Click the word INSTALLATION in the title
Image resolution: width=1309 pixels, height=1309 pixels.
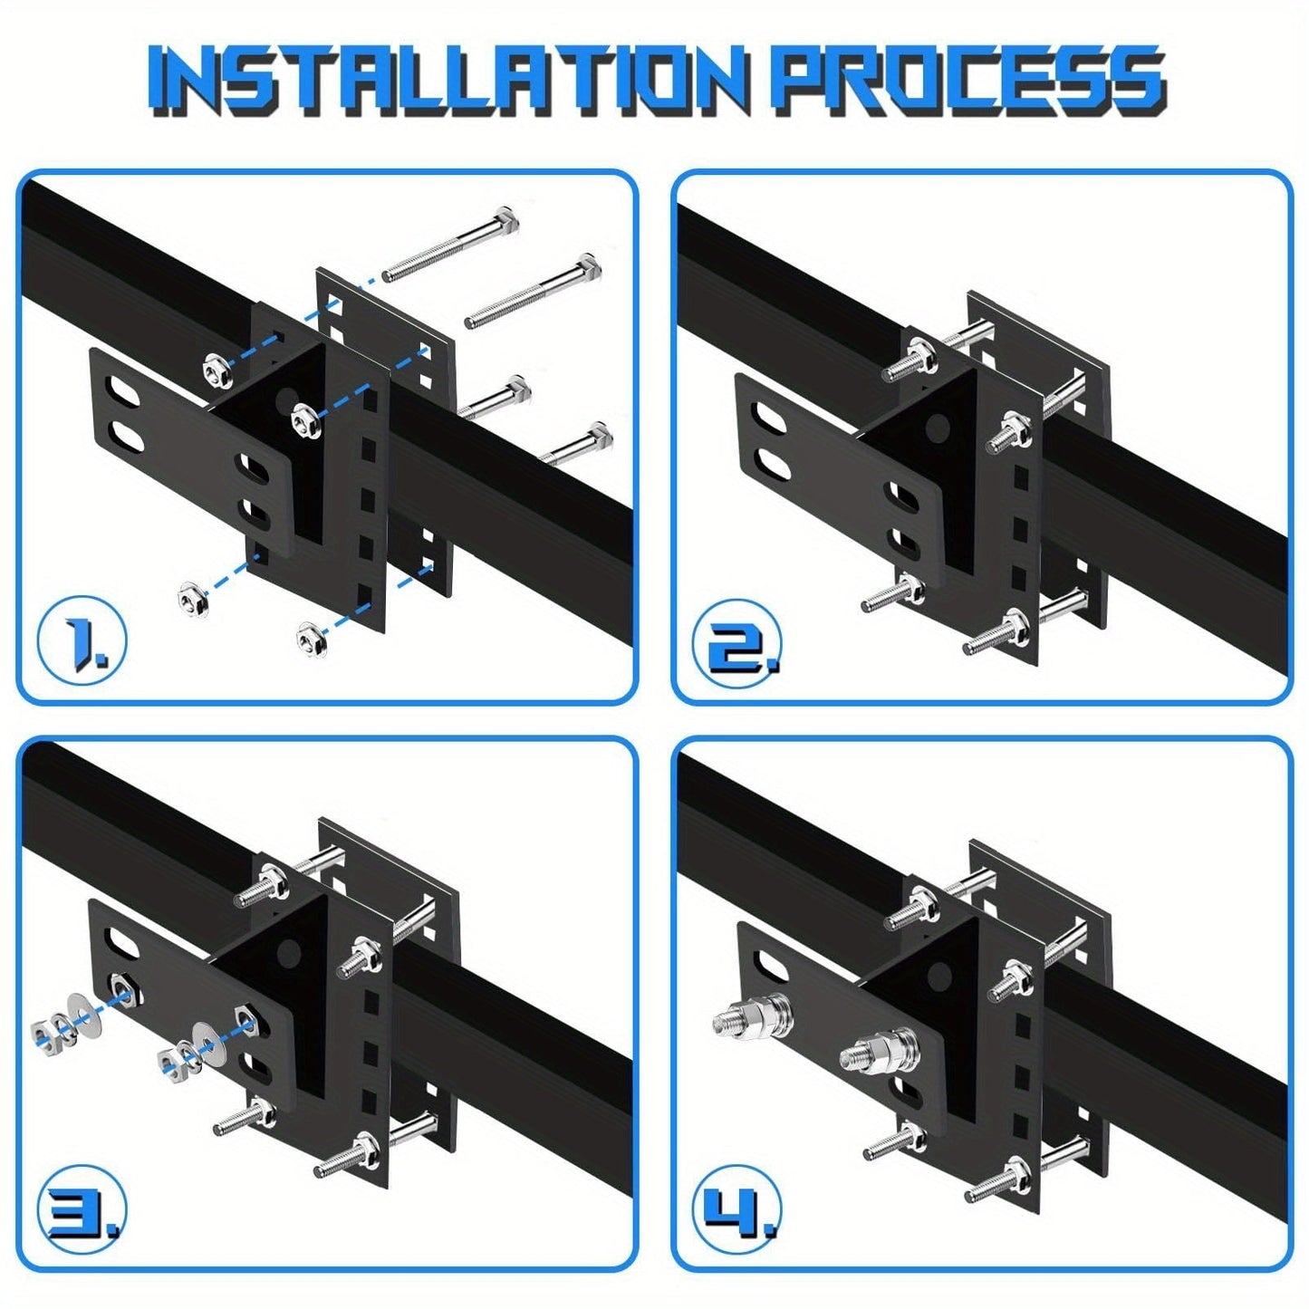448,82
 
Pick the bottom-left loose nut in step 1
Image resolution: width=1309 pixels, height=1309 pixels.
189,596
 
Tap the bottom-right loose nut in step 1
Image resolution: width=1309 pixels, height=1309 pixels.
310,639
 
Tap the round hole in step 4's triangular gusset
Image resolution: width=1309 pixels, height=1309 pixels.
941,976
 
